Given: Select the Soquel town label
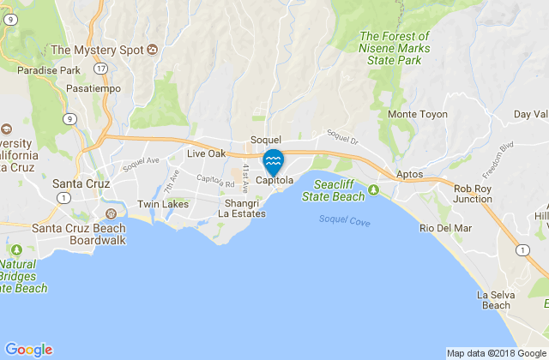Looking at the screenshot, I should point(266,139).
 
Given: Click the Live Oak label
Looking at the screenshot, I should point(206,153).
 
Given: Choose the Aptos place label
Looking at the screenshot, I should point(411,174).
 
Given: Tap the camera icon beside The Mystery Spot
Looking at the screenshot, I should point(153,49).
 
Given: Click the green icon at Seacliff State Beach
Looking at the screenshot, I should point(374,189).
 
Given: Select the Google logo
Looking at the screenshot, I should point(28,349).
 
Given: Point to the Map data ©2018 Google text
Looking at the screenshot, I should point(496,352).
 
